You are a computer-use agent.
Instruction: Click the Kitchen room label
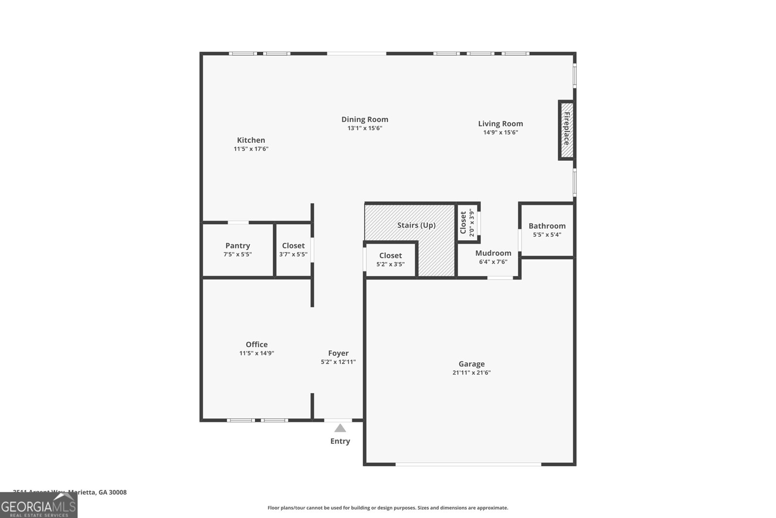click(251, 140)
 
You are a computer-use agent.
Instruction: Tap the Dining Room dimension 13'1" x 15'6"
click(365, 128)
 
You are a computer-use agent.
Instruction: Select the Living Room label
click(501, 124)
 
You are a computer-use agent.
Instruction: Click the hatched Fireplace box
click(566, 129)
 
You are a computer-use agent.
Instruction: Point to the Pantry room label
click(238, 246)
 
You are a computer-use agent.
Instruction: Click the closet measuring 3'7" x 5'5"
click(293, 250)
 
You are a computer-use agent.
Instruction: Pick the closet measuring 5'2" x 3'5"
click(390, 260)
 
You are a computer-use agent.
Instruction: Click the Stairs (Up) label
click(416, 225)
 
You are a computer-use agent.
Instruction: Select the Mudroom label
click(493, 253)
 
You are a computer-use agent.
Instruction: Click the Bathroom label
click(547, 226)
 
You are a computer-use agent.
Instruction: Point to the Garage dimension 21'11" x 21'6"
click(471, 373)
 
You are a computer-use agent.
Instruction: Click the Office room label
click(257, 345)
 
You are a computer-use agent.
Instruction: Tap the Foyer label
click(338, 353)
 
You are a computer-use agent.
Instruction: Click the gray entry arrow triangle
click(340, 428)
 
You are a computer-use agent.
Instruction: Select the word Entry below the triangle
click(340, 441)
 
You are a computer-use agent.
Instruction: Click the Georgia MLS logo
click(38, 505)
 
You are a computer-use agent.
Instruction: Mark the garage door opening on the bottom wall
click(468, 465)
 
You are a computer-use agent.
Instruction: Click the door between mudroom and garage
click(500, 278)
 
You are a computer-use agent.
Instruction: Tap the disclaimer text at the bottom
click(388, 508)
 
